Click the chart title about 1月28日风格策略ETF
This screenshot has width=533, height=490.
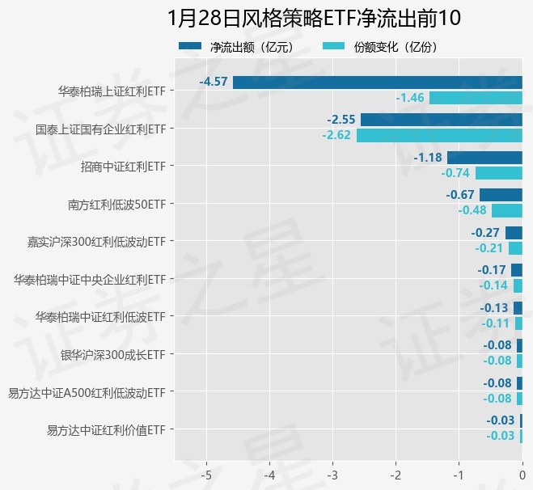pos(314,18)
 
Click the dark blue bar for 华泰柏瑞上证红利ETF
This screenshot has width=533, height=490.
pos(377,82)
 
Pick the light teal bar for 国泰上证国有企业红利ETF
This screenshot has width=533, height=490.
pos(439,135)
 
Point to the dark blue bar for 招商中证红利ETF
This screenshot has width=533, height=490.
pos(484,157)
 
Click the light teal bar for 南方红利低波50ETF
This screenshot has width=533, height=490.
pos(507,210)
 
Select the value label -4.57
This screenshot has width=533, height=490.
pos(214,82)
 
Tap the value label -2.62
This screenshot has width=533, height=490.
pos(336,135)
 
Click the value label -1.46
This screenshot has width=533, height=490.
pos(410,98)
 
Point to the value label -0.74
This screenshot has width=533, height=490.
pos(456,173)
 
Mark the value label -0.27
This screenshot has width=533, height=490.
pos(485,233)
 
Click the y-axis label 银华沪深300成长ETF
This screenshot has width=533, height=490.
pos(113,354)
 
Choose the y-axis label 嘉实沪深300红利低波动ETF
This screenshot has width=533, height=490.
pos(96,241)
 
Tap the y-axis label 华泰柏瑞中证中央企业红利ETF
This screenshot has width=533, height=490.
pos(90,279)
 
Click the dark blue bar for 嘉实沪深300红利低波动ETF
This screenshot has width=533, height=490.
pos(514,233)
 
